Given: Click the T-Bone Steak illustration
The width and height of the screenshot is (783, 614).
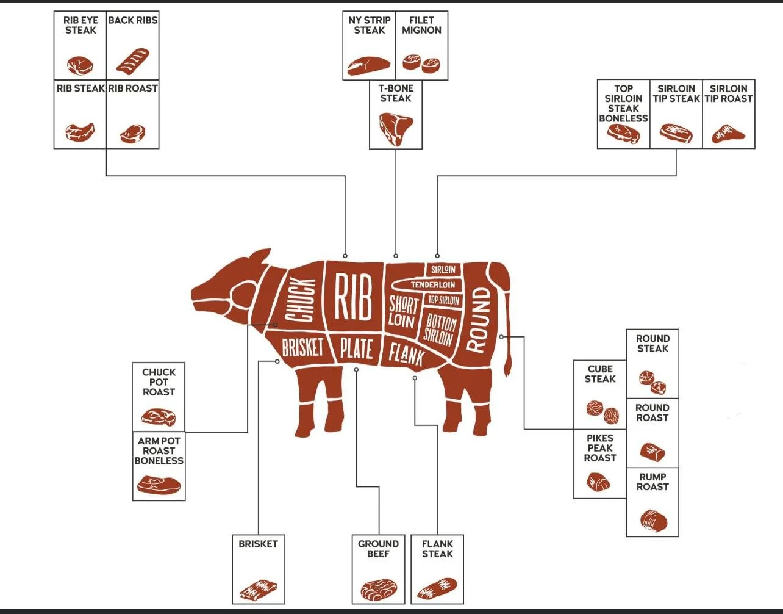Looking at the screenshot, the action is point(396,128).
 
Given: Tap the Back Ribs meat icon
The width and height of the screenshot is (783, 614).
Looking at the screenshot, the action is point(133,60).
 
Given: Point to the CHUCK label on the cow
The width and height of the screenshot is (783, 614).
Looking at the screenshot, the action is point(301,300).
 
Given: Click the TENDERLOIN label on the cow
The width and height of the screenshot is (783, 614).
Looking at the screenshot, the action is point(432,285).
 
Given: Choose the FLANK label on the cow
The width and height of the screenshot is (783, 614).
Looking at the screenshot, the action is point(406,352).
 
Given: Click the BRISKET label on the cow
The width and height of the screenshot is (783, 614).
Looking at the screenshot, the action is point(302,348).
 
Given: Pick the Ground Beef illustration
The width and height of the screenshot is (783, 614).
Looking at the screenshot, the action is point(378,590).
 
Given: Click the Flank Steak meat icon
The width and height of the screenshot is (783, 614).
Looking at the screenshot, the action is point(437,588).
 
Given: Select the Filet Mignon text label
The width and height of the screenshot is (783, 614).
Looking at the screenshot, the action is point(421,25).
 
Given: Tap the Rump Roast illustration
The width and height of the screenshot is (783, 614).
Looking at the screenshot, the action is point(653,520).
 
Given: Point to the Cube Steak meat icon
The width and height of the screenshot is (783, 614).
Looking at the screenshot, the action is point(602,412).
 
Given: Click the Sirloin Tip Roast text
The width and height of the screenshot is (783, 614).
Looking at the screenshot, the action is point(729,93).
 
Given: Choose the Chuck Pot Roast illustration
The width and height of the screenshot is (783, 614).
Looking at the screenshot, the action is point(159,417).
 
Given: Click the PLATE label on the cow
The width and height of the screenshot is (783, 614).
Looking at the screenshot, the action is point(356,349).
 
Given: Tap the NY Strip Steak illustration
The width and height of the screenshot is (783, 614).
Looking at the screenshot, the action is point(369,65).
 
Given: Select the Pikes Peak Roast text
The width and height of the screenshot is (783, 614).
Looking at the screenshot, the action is point(600,448).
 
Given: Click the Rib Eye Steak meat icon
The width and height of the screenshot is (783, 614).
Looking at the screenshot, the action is point(80,65).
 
